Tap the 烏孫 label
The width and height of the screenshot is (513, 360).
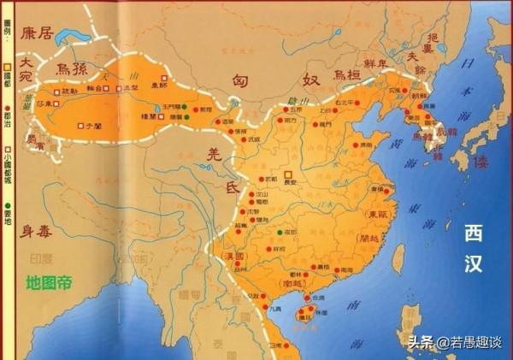(x=73, y=67)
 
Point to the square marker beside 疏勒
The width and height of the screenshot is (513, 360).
(x=56, y=91)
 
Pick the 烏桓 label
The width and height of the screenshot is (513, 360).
(x=345, y=74)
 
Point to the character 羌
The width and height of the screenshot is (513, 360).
(x=215, y=154)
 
